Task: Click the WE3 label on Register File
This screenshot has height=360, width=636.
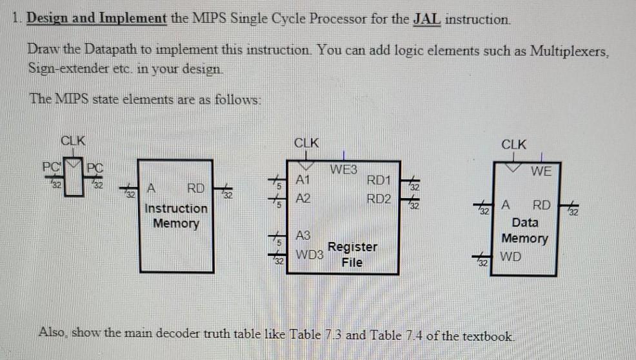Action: (x=343, y=170)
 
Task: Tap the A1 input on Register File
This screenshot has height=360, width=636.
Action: (x=303, y=179)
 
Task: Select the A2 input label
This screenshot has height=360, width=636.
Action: (x=303, y=199)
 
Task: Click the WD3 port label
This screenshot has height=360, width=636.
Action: (x=309, y=254)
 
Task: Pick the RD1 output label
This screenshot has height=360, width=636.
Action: (x=378, y=179)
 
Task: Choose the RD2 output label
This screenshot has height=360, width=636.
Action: (x=378, y=198)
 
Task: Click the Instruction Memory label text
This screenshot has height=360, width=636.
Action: (x=176, y=216)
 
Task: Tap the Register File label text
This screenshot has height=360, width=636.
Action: (x=353, y=254)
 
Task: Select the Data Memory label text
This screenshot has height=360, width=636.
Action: (x=525, y=230)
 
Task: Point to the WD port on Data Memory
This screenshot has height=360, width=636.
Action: (x=510, y=256)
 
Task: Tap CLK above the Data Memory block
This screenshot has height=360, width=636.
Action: (x=513, y=145)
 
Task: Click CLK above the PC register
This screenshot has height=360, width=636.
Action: (x=74, y=140)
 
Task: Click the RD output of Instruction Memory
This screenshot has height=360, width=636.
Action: (x=195, y=189)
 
